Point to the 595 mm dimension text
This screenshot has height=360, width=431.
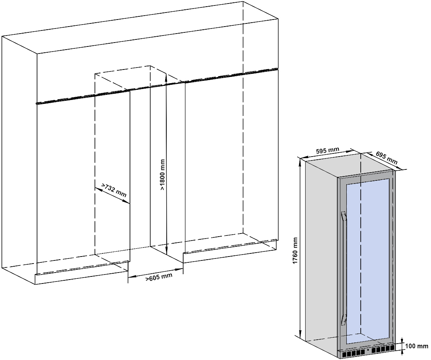click(327, 150)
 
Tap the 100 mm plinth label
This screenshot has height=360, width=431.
click(417, 346)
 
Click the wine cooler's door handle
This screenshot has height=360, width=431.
click(344, 269)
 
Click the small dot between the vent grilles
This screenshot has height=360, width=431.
click(368, 350)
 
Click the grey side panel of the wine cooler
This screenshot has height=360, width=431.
click(320, 250)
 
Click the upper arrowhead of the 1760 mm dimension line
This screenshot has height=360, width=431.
click(300, 160)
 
